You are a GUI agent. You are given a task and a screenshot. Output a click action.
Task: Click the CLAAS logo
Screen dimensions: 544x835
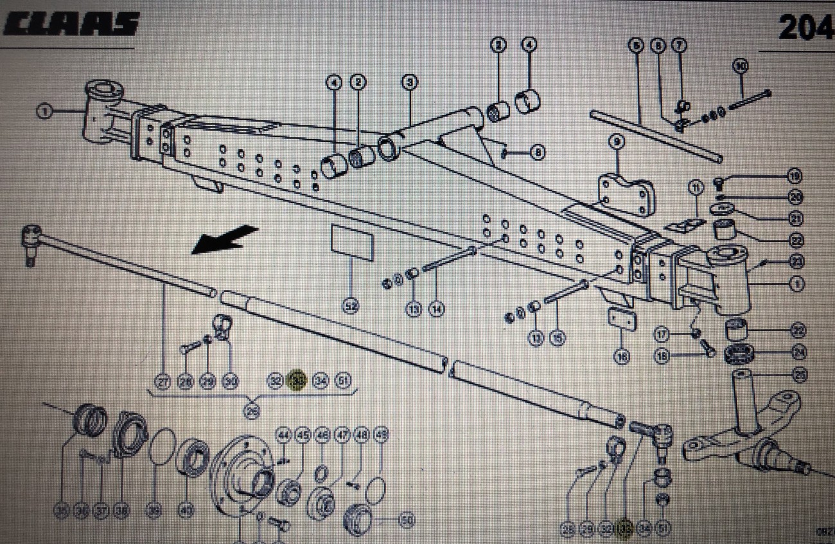coord(71,24)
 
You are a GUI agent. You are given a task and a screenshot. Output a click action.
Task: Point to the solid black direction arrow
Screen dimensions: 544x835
coord(224,239)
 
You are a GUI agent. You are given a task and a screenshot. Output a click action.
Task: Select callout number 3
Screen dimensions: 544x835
coord(410,82)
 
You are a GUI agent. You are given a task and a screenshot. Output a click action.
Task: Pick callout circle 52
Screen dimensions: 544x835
coord(350,308)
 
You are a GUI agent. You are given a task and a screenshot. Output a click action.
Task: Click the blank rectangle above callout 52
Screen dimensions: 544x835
coord(351,242)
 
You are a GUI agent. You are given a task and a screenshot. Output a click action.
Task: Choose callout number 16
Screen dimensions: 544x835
coord(622,356)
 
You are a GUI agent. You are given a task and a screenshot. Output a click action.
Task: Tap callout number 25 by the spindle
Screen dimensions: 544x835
coord(798,374)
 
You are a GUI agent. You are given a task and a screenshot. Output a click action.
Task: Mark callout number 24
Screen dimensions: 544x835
coord(798,352)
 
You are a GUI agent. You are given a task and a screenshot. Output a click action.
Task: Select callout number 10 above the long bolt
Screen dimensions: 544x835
coord(741,66)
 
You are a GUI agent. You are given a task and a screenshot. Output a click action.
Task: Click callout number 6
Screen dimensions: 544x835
coord(636,46)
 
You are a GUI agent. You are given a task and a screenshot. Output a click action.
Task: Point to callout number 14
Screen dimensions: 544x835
coord(437,309)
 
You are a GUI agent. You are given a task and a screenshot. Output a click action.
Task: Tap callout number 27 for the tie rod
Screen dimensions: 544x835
coord(164,382)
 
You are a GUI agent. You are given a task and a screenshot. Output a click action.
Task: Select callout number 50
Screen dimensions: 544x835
coord(405,520)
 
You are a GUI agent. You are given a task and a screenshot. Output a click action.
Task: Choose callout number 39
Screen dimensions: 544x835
coord(154,511)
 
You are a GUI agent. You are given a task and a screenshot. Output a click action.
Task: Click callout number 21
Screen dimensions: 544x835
coord(796,219)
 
